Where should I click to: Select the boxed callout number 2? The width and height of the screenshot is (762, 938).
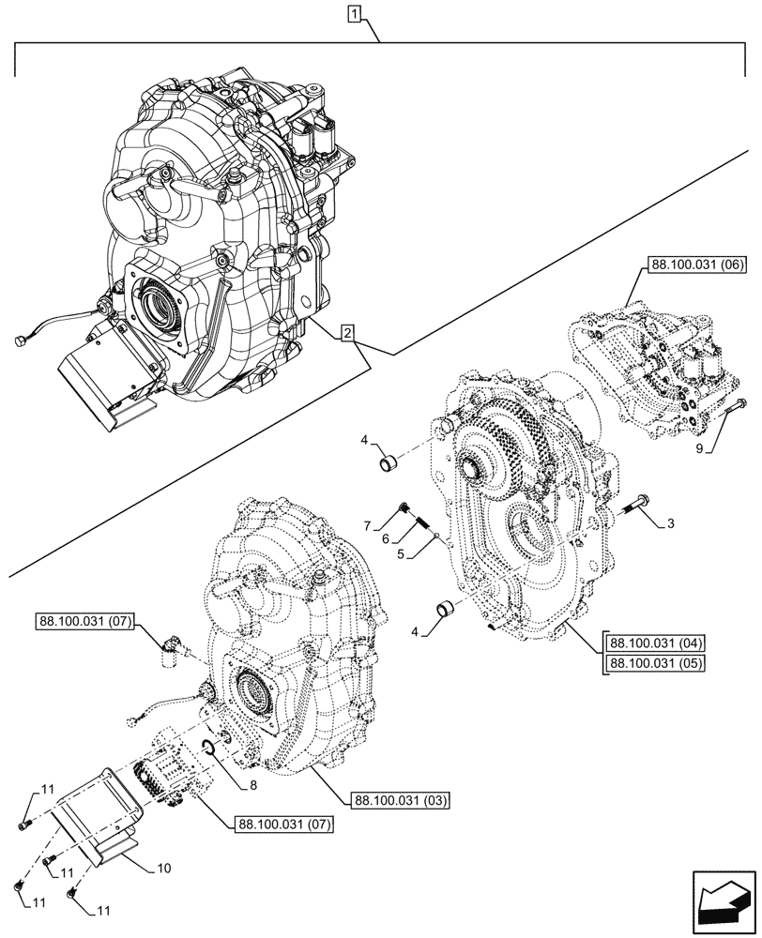347,333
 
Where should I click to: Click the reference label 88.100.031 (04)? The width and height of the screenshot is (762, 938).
656,643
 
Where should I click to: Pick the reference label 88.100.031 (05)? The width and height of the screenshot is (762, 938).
656,664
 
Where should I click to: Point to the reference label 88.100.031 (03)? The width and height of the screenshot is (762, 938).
400,801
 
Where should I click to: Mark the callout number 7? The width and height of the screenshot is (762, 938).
370,523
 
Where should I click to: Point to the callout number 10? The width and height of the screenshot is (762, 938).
163,869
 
